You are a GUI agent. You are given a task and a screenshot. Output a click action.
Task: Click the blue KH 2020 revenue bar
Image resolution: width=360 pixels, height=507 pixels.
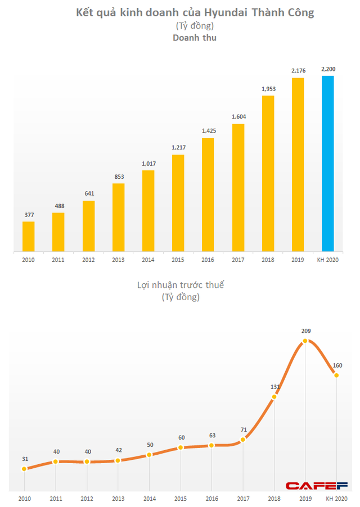(x=328, y=163)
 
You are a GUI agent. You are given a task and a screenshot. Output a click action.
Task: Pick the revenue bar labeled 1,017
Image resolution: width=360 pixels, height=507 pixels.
(x=148, y=210)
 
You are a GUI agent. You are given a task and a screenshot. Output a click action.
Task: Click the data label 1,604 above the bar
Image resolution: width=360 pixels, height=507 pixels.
(x=238, y=117)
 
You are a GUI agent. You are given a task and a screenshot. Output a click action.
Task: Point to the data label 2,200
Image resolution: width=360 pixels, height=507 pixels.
(x=328, y=69)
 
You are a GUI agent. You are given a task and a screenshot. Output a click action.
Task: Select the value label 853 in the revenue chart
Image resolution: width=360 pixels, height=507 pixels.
(x=118, y=176)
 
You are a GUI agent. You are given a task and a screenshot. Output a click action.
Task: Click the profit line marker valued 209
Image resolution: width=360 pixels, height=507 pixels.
(x=305, y=341)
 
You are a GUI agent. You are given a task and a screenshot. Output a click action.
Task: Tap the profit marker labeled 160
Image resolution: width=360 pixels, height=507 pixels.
(x=336, y=375)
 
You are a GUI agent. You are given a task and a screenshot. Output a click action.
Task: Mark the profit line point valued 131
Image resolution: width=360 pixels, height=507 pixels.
(x=274, y=397)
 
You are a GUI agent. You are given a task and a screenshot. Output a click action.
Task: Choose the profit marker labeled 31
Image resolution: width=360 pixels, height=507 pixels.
(x=24, y=469)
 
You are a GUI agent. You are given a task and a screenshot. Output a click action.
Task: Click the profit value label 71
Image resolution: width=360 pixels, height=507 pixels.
(x=243, y=429)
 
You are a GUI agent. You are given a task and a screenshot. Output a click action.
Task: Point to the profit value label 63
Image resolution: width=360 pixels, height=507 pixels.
(x=212, y=435)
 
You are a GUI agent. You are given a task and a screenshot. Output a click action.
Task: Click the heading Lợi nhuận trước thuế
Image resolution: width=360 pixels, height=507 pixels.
(x=180, y=286)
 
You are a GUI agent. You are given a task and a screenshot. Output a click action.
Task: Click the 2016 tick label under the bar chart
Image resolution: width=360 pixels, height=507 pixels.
(x=208, y=260)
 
